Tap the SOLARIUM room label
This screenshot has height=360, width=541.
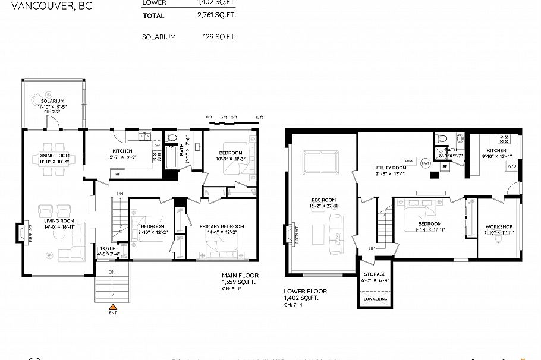pyautogui.click(x=52, y=101)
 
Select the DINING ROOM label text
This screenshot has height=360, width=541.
pyautogui.click(x=54, y=156)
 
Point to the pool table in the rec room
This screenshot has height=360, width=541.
pyautogui.click(x=320, y=162)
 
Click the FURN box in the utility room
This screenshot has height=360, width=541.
pyautogui.click(x=408, y=161)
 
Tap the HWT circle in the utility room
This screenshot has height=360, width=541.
pyautogui.click(x=425, y=162)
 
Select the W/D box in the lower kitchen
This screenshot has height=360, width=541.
pyautogui.click(x=512, y=166)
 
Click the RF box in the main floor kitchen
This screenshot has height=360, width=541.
pyautogui.click(x=117, y=174)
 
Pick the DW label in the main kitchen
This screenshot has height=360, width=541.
pyautogui.click(x=157, y=146)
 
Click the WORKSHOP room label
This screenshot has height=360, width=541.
pyautogui.click(x=498, y=227)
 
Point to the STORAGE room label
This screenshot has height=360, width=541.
pyautogui.click(x=375, y=274)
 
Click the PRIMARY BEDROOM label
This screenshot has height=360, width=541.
pyautogui.click(x=222, y=226)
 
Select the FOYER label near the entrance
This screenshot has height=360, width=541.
pyautogui.click(x=108, y=248)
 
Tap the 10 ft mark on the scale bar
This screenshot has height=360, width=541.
pyautogui.click(x=258, y=117)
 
